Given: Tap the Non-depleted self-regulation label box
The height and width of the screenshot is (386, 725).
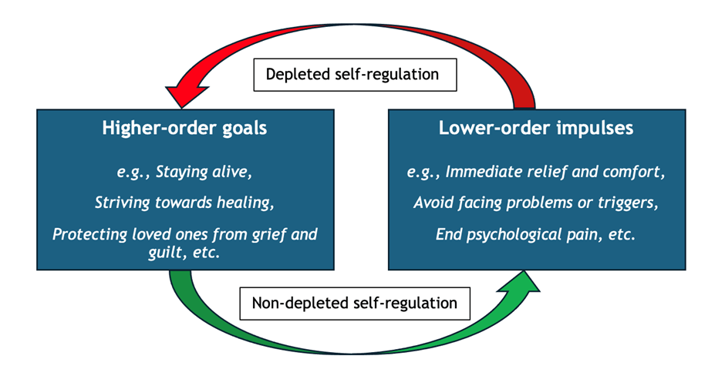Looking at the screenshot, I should click(x=355, y=304).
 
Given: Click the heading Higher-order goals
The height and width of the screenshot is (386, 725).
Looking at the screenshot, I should click(x=184, y=128).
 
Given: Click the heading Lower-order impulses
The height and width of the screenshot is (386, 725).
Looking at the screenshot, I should click(x=536, y=128).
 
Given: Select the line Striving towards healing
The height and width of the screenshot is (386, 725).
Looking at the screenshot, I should click(x=184, y=203).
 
